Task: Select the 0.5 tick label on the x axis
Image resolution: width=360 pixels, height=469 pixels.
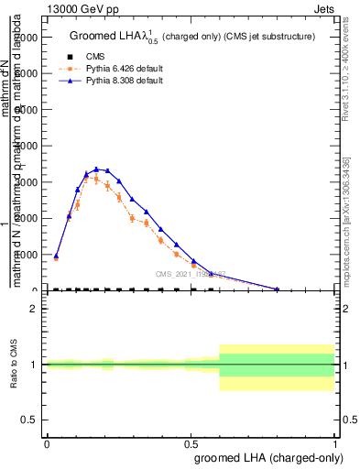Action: (x=191, y=443)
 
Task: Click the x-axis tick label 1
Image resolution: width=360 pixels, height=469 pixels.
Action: (x=335, y=443)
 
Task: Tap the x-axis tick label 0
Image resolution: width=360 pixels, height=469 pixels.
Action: (x=47, y=443)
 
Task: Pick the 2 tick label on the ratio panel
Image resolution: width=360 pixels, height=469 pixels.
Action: (x=34, y=310)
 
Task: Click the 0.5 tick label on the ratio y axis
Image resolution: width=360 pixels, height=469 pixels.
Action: (x=29, y=420)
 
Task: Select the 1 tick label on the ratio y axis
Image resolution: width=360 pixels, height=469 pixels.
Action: (x=34, y=365)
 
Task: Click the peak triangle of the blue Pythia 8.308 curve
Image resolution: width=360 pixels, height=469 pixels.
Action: (x=96, y=169)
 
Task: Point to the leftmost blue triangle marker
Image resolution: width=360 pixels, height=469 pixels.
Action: (x=56, y=256)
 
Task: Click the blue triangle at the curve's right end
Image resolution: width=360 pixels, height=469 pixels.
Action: (x=277, y=289)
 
